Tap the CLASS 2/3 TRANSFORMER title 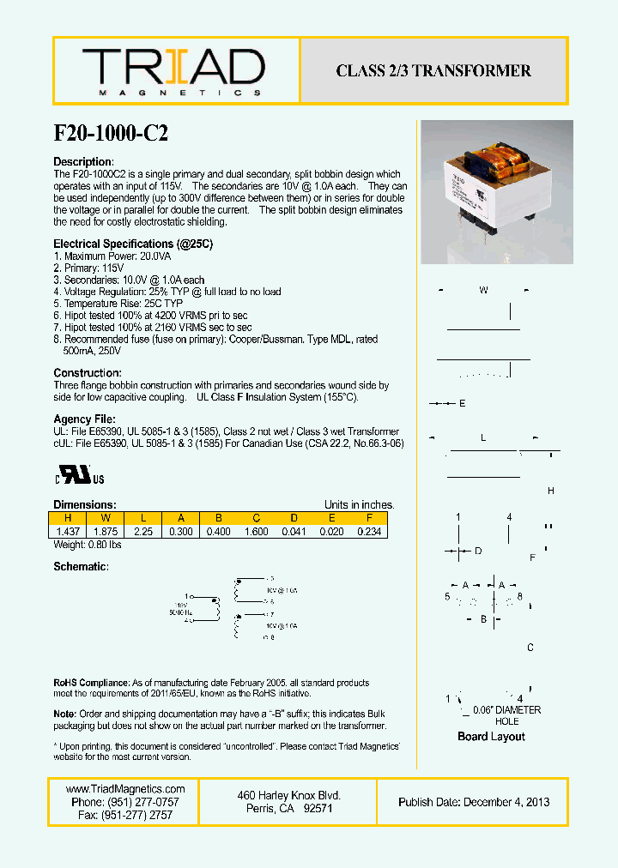433,71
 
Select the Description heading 83,162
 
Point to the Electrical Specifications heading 133,244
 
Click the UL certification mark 80,476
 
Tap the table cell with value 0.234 368,531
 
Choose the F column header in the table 368,518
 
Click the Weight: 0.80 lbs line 88,545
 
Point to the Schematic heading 81,567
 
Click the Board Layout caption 491,737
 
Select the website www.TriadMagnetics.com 125,789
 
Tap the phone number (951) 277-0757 125,802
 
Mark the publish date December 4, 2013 474,802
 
